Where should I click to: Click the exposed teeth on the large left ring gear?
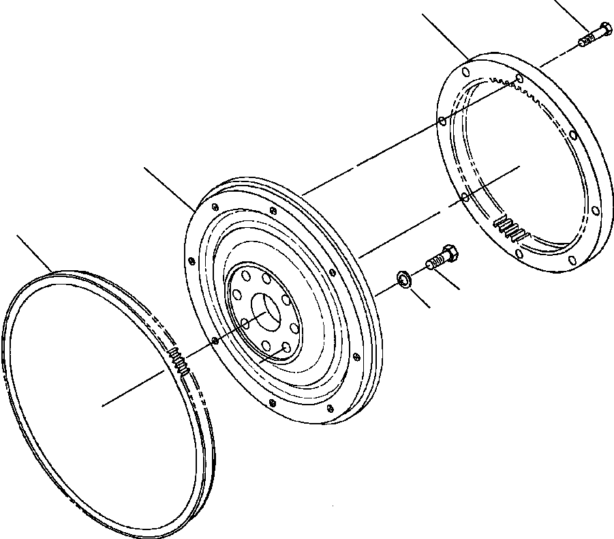180,360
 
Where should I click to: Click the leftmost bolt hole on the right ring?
442,121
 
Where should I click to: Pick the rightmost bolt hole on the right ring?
596,209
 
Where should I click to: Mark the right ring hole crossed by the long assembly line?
519,79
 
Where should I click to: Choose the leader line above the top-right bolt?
571,13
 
